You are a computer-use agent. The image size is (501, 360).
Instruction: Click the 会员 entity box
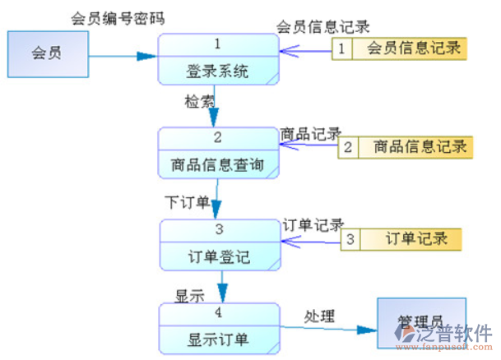47,53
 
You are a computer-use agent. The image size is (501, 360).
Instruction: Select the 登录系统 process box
218,59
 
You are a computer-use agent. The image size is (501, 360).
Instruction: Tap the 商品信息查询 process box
218,153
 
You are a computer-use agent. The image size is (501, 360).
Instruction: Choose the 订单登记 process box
218,244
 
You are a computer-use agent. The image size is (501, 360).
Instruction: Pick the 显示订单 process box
218,326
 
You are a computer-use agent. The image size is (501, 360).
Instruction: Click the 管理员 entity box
420,319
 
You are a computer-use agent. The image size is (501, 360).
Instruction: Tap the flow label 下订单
187,201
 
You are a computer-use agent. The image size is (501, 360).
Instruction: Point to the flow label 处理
320,316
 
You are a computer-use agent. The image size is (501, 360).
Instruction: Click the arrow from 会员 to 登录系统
123,56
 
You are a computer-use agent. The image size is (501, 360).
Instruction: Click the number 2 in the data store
348,147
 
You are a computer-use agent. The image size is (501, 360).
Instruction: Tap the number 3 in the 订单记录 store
350,239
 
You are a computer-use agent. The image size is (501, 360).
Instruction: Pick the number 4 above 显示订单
218,312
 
